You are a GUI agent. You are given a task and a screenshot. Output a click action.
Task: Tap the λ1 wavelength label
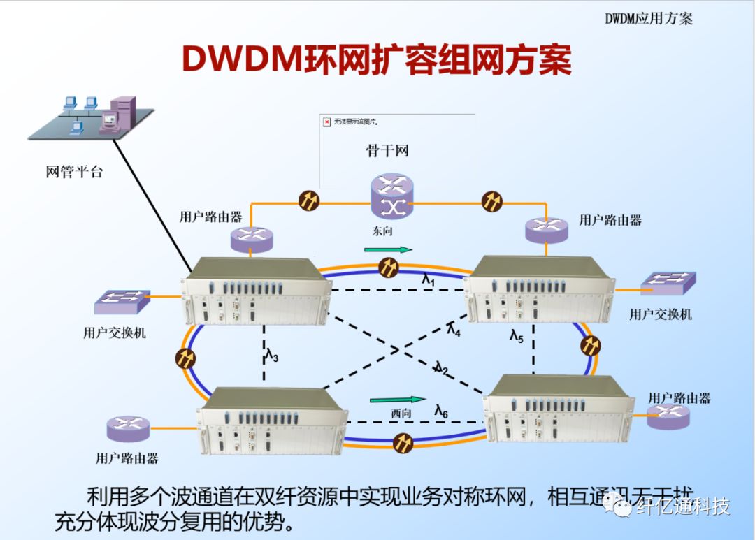(x=429, y=279)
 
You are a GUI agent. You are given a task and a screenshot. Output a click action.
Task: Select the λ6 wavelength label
(x=441, y=411)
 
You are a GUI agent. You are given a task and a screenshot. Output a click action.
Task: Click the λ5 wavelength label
(x=516, y=337)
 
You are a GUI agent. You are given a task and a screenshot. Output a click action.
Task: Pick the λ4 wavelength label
(x=454, y=328)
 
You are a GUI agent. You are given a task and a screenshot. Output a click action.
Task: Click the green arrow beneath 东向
(x=388, y=249)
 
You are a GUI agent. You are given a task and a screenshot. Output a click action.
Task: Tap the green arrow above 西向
(x=397, y=400)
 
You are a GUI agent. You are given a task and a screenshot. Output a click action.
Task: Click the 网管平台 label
(x=74, y=172)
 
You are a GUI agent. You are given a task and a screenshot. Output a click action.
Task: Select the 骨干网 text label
(x=387, y=150)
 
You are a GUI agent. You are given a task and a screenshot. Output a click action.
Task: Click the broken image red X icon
(x=326, y=122)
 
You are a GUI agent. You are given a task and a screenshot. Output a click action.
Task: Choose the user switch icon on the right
(x=668, y=282)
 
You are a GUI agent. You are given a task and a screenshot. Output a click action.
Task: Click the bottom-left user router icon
(x=128, y=428)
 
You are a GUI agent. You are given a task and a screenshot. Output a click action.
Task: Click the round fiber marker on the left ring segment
(x=185, y=358)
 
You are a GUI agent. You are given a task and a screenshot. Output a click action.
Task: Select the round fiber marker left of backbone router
(x=308, y=200)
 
